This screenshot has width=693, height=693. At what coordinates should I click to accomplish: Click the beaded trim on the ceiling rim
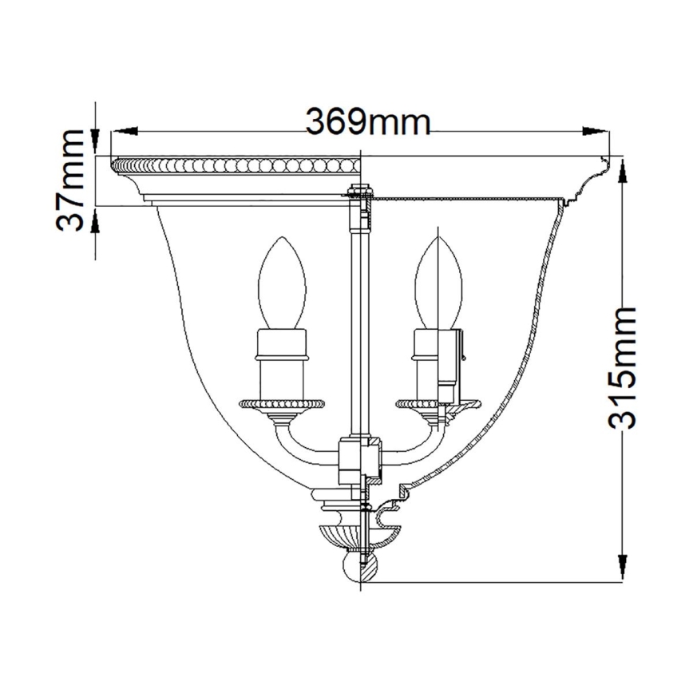236,167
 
